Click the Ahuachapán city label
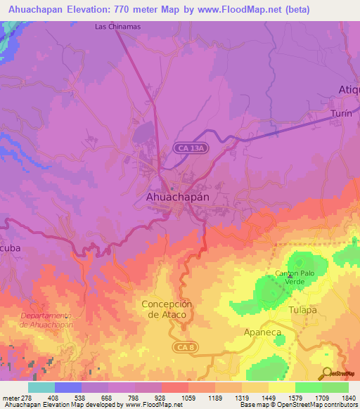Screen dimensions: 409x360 177,197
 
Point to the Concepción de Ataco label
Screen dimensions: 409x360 167,309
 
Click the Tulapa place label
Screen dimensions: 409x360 303,310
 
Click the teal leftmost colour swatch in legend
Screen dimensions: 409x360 41,387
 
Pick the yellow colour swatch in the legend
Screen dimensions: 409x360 281,387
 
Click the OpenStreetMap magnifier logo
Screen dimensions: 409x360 327,373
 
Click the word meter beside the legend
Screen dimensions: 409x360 10,398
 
